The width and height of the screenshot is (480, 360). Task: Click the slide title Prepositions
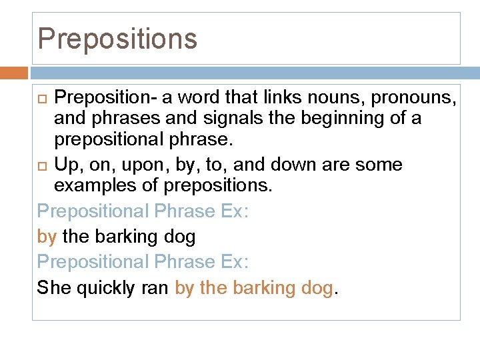click(117, 39)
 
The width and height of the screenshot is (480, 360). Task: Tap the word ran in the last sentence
click(153, 288)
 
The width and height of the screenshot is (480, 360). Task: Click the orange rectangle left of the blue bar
click(14, 73)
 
